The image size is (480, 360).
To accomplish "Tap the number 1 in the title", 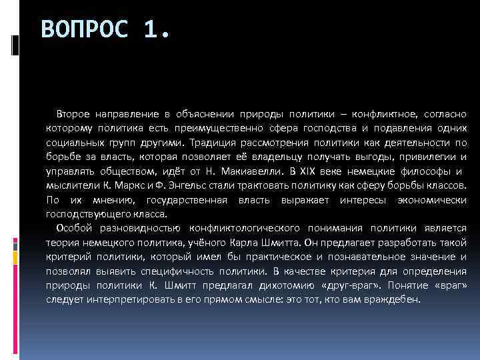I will (156, 30).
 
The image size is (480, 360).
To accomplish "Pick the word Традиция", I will (210, 142).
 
